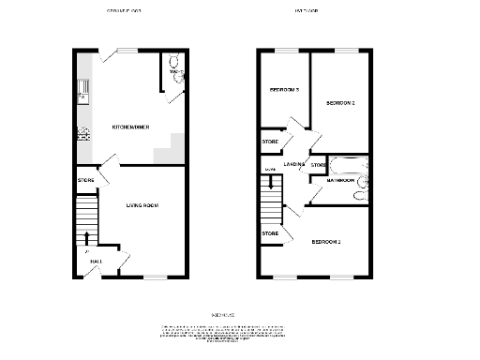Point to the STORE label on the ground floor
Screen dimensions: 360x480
[85, 179]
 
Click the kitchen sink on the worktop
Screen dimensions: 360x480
[83, 90]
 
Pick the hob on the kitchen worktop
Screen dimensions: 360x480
[82, 132]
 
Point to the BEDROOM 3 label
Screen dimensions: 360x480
[283, 90]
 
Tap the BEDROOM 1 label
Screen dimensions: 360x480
[326, 243]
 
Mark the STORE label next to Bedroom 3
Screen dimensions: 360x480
[270, 142]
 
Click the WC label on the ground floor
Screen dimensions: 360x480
[174, 70]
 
